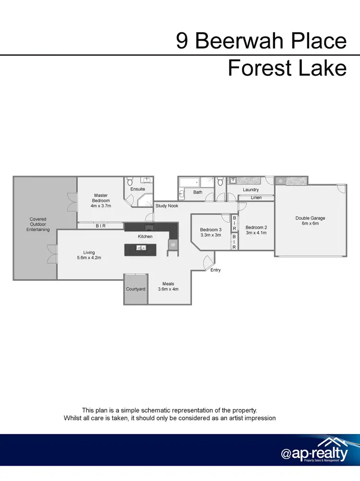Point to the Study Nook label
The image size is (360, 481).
pos(167,206)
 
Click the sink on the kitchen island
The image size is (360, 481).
pos(141,248)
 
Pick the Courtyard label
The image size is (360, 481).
pos(135,289)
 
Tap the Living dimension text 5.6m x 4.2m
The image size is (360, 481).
pos(89,258)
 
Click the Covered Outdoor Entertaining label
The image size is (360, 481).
pos(38,224)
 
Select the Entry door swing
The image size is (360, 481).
pos(208,261)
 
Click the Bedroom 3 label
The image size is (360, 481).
pos(211,230)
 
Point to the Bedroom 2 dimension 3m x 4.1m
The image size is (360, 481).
pos(256,233)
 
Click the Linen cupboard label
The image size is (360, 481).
pos(256,198)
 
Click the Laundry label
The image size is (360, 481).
pos(251,190)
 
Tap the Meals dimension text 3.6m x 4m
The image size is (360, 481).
pos(168,289)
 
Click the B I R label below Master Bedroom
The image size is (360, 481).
pos(100,225)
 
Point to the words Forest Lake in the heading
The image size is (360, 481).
pos(287,68)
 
